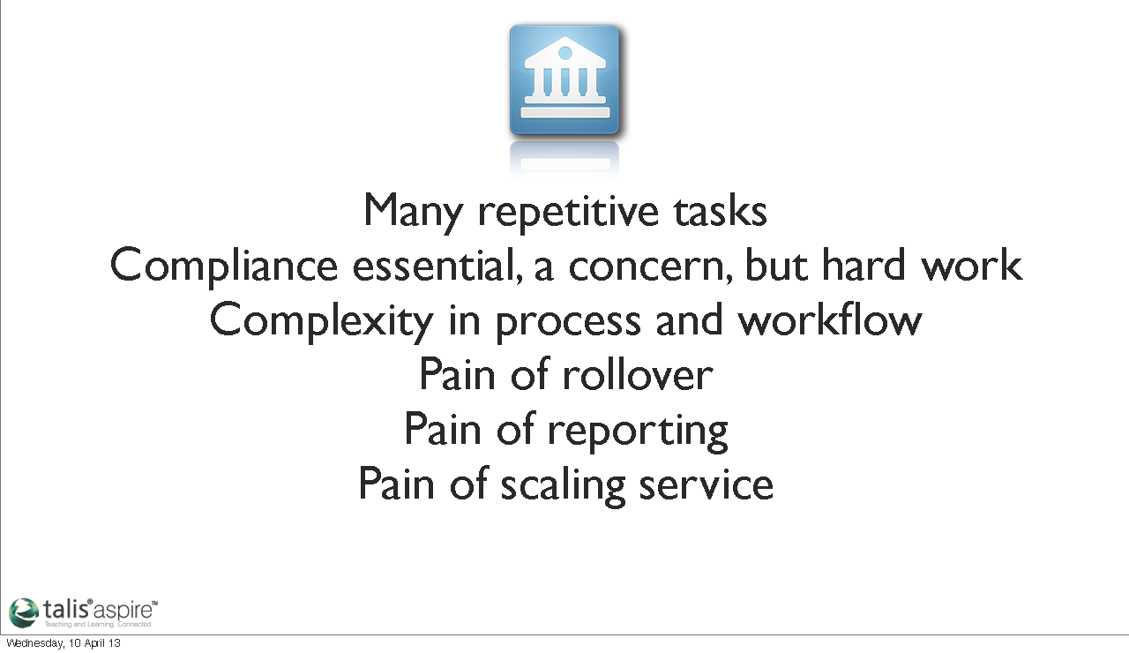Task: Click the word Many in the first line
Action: (x=412, y=212)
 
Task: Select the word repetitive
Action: (x=568, y=212)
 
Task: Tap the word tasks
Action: (x=721, y=211)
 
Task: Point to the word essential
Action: (x=437, y=266)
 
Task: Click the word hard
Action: (x=864, y=264)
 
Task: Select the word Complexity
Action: (x=322, y=321)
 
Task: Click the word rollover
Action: (x=637, y=375)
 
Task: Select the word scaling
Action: (x=563, y=485)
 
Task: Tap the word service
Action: (x=707, y=484)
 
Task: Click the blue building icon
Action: (x=564, y=79)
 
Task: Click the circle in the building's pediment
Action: (x=565, y=52)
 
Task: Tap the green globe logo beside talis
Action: (x=24, y=612)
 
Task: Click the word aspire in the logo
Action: (x=123, y=611)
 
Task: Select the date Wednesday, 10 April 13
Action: (x=64, y=643)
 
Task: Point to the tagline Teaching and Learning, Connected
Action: (x=98, y=624)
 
